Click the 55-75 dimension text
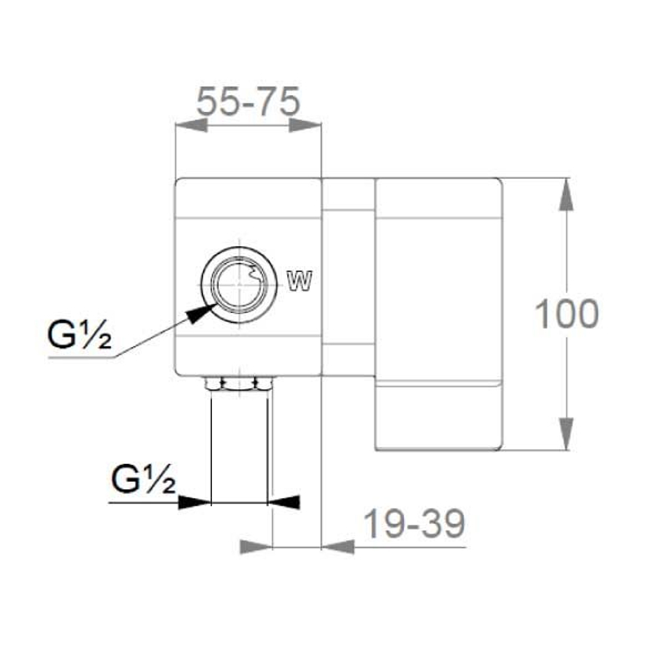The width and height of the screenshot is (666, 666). click(249, 102)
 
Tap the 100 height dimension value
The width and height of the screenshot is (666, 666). click(566, 314)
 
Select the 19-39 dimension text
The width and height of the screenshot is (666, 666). click(415, 524)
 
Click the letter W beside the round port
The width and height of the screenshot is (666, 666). click(300, 280)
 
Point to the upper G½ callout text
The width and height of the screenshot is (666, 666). click(79, 335)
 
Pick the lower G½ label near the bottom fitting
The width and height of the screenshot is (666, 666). click(144, 479)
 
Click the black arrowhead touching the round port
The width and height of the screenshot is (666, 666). click(199, 314)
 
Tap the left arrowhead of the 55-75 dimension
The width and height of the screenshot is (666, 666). click(191, 125)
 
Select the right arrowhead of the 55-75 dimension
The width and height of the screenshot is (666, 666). click(305, 125)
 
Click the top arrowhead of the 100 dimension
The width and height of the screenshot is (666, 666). click(566, 194)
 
